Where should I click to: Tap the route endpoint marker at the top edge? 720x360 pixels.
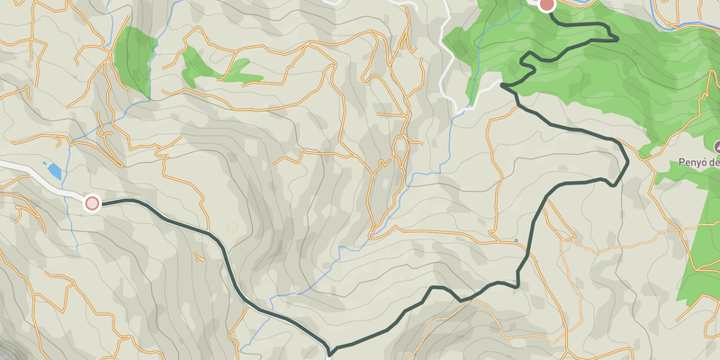tap(546, 4)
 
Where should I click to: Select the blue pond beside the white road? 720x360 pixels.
tap(55, 170)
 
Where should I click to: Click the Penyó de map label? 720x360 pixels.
tap(698, 163)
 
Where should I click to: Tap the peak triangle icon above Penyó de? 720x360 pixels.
tap(717, 146)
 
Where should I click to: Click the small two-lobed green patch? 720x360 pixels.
tap(216, 68)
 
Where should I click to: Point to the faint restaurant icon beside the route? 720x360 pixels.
tap(232, 227)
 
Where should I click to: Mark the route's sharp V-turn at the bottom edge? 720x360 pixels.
tap(331, 348)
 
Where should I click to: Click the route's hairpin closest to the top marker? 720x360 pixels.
tap(614, 37)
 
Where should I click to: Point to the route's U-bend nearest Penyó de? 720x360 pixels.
tap(623, 162)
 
